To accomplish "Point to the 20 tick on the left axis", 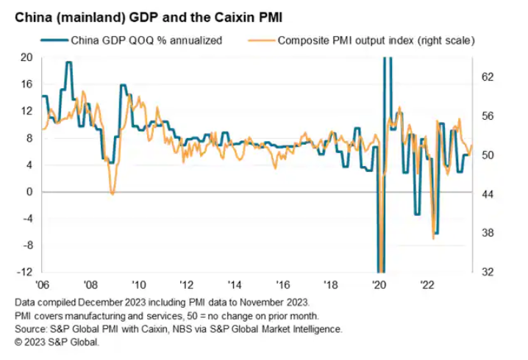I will [26, 57].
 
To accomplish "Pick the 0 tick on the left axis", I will [29, 192].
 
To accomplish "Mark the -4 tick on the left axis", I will [26, 218].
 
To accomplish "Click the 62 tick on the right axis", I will [487, 77].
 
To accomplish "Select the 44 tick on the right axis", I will [487, 194].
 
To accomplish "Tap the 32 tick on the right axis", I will [487, 272].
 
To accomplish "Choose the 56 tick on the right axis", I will [487, 116].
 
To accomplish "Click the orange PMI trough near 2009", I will [112, 193].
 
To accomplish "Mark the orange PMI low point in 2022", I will [434, 238].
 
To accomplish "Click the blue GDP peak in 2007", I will [68, 62].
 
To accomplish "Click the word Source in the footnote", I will [31, 328].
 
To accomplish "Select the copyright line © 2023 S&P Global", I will [56, 342].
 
